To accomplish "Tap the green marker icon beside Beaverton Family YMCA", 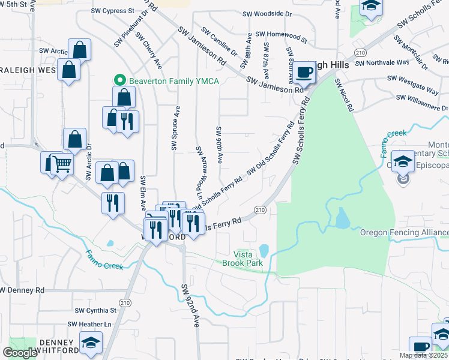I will [119, 80].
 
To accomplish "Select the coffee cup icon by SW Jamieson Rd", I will [304, 73].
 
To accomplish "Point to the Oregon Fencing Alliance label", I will [404, 232].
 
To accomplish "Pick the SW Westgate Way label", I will [412, 83].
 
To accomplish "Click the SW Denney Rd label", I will [23, 290].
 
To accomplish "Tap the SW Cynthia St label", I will [95, 310].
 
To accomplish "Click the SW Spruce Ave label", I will [176, 128].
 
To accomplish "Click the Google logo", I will [20, 353].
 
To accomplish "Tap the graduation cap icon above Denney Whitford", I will [91, 343].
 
